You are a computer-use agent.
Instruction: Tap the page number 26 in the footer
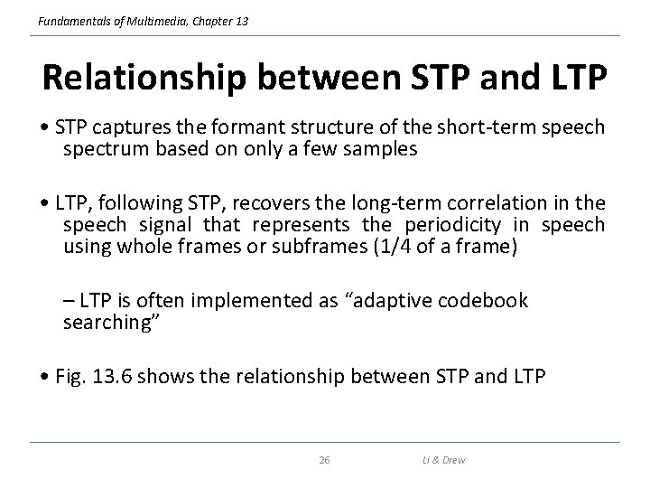click(x=324, y=460)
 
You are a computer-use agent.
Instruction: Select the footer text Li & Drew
click(x=442, y=460)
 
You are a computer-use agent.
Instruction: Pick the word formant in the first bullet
click(x=235, y=127)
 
